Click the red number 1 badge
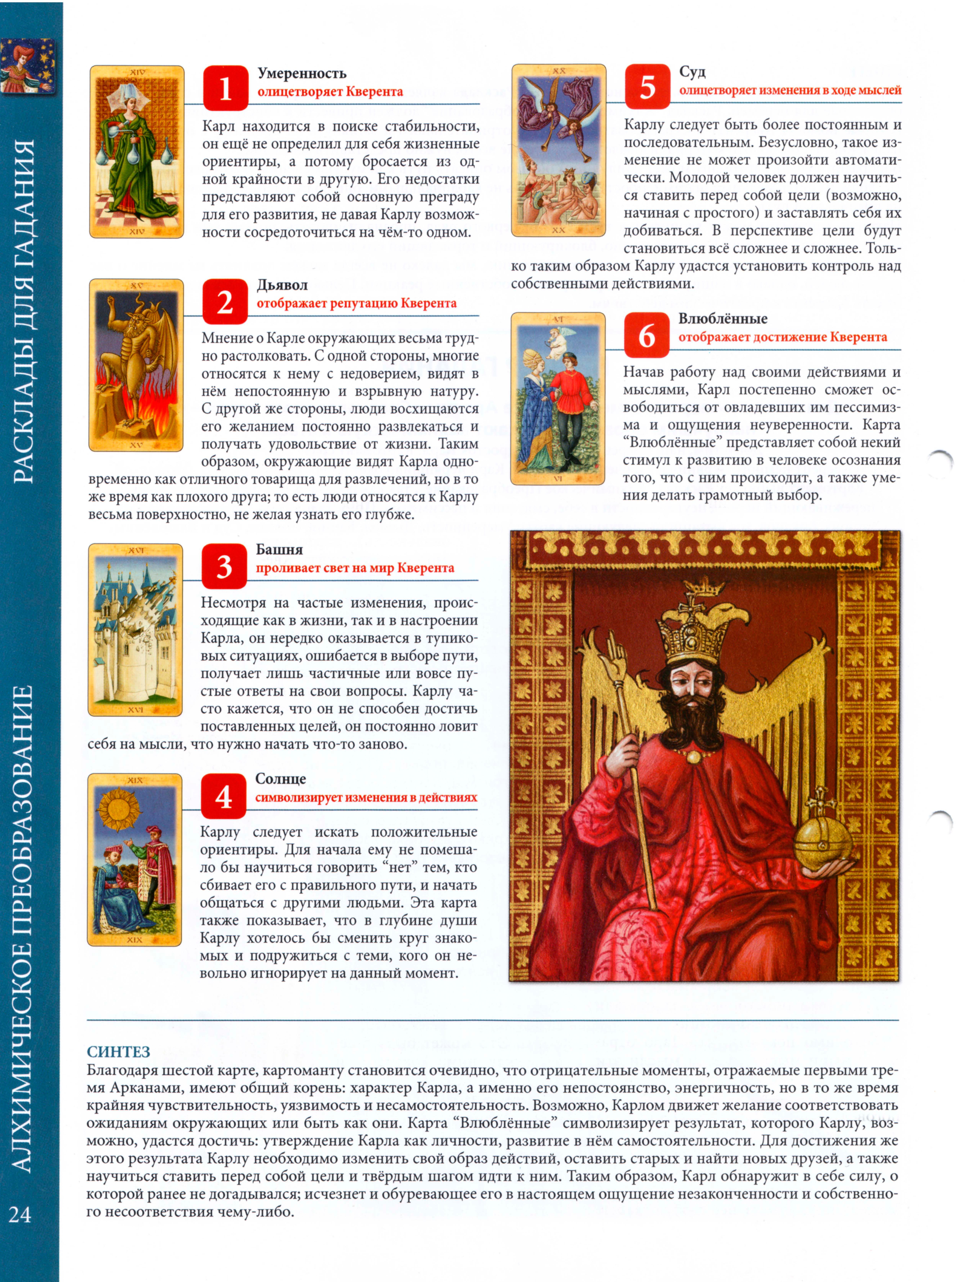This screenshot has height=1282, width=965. click(x=226, y=88)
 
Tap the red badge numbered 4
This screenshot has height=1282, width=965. click(x=224, y=797)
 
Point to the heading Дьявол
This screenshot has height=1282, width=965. click(x=282, y=285)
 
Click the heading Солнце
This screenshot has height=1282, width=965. click(x=281, y=779)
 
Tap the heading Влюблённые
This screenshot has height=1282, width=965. click(x=723, y=319)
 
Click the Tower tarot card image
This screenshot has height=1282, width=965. click(x=135, y=630)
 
